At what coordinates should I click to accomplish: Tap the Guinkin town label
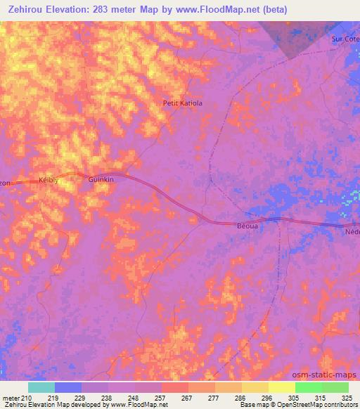coord(101,180)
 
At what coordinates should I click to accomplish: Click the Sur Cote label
coord(345,39)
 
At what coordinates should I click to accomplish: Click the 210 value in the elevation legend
coord(25,398)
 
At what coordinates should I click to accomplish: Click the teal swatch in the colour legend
coord(41,387)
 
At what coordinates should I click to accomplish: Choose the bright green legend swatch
coord(309,387)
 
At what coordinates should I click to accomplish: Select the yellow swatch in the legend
coord(282,387)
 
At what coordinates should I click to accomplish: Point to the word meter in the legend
coord(9,398)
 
